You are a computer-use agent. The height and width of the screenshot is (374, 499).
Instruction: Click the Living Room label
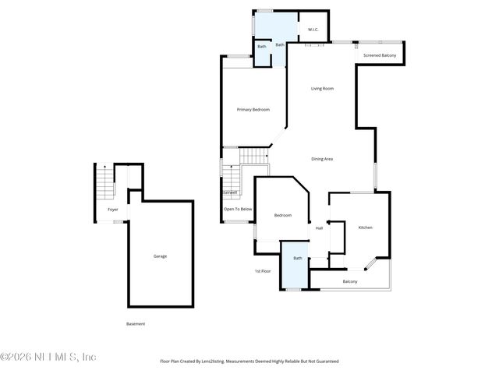[322, 89]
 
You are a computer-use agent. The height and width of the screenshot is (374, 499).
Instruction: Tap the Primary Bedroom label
[253, 110]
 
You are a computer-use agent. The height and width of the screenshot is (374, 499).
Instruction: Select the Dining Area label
[322, 159]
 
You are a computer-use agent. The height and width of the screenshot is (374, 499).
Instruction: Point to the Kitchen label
[365, 228]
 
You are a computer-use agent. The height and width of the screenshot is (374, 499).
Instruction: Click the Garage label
[160, 256]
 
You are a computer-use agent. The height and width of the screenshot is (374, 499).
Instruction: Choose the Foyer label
[113, 210]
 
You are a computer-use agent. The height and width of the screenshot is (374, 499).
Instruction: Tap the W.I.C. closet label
[313, 30]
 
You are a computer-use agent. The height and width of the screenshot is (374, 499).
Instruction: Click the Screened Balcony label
[380, 55]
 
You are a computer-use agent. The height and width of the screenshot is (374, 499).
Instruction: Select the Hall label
[319, 228]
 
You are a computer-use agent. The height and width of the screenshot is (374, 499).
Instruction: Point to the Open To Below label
[237, 209]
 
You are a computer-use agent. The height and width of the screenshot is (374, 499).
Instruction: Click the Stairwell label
[229, 192]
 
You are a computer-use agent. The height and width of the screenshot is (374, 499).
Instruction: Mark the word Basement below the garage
[136, 323]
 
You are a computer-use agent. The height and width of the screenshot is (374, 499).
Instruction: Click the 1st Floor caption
[262, 271]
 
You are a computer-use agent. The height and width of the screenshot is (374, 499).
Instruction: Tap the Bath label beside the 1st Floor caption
[297, 258]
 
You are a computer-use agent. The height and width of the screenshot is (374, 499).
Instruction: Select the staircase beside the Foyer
[104, 185]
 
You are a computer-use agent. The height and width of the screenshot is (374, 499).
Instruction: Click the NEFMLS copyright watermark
[48, 357]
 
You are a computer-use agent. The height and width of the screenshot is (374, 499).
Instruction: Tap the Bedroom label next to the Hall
[282, 215]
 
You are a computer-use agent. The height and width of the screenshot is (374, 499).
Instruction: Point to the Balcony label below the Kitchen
[350, 281]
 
